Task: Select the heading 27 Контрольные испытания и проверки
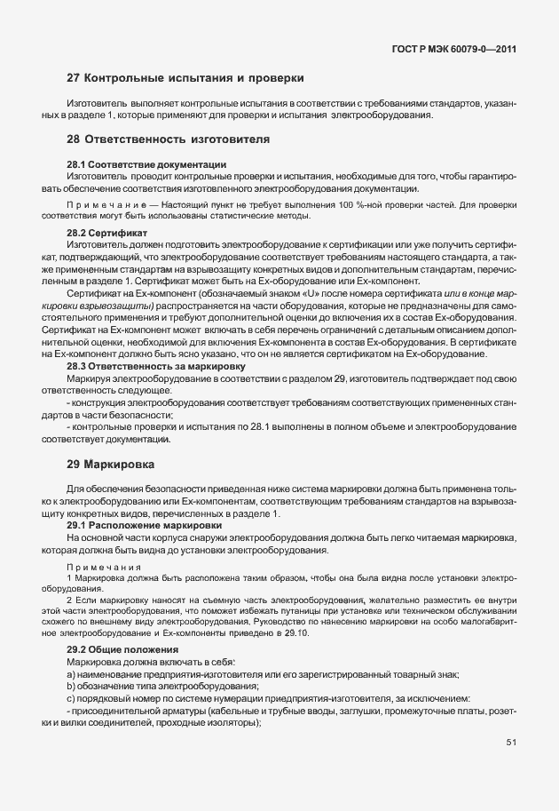tap(185, 78)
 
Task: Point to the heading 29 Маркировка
tap(111, 464)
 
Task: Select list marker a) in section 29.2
tap(71, 675)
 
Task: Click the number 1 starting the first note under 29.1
tap(69, 577)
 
